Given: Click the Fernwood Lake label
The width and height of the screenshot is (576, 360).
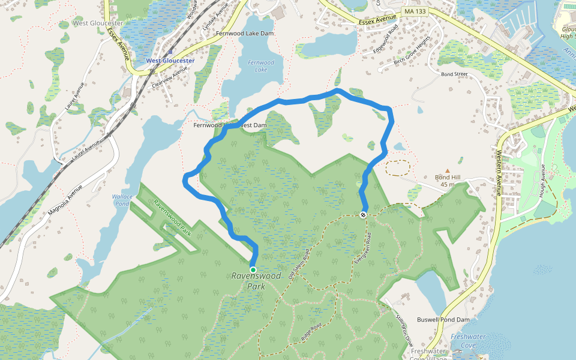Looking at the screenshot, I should (261, 66).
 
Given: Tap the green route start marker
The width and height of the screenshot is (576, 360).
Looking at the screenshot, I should (253, 270).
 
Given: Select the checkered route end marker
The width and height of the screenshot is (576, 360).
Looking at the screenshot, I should (364, 214).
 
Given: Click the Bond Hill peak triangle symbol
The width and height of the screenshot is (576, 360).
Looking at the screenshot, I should (447, 171).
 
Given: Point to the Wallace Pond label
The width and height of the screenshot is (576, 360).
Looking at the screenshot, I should (121, 200).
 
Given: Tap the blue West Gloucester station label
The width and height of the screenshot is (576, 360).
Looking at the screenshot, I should (170, 61).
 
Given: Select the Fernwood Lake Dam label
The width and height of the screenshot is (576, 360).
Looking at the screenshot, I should (245, 34).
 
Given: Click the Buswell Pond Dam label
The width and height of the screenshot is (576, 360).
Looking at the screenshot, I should (443, 320).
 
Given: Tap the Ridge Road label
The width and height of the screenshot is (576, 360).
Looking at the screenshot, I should (312, 334).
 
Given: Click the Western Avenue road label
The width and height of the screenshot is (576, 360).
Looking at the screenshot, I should (499, 174).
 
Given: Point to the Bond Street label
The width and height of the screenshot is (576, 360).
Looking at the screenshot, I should (454, 74).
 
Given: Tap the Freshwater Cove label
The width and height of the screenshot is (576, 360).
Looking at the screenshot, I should (468, 341).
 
